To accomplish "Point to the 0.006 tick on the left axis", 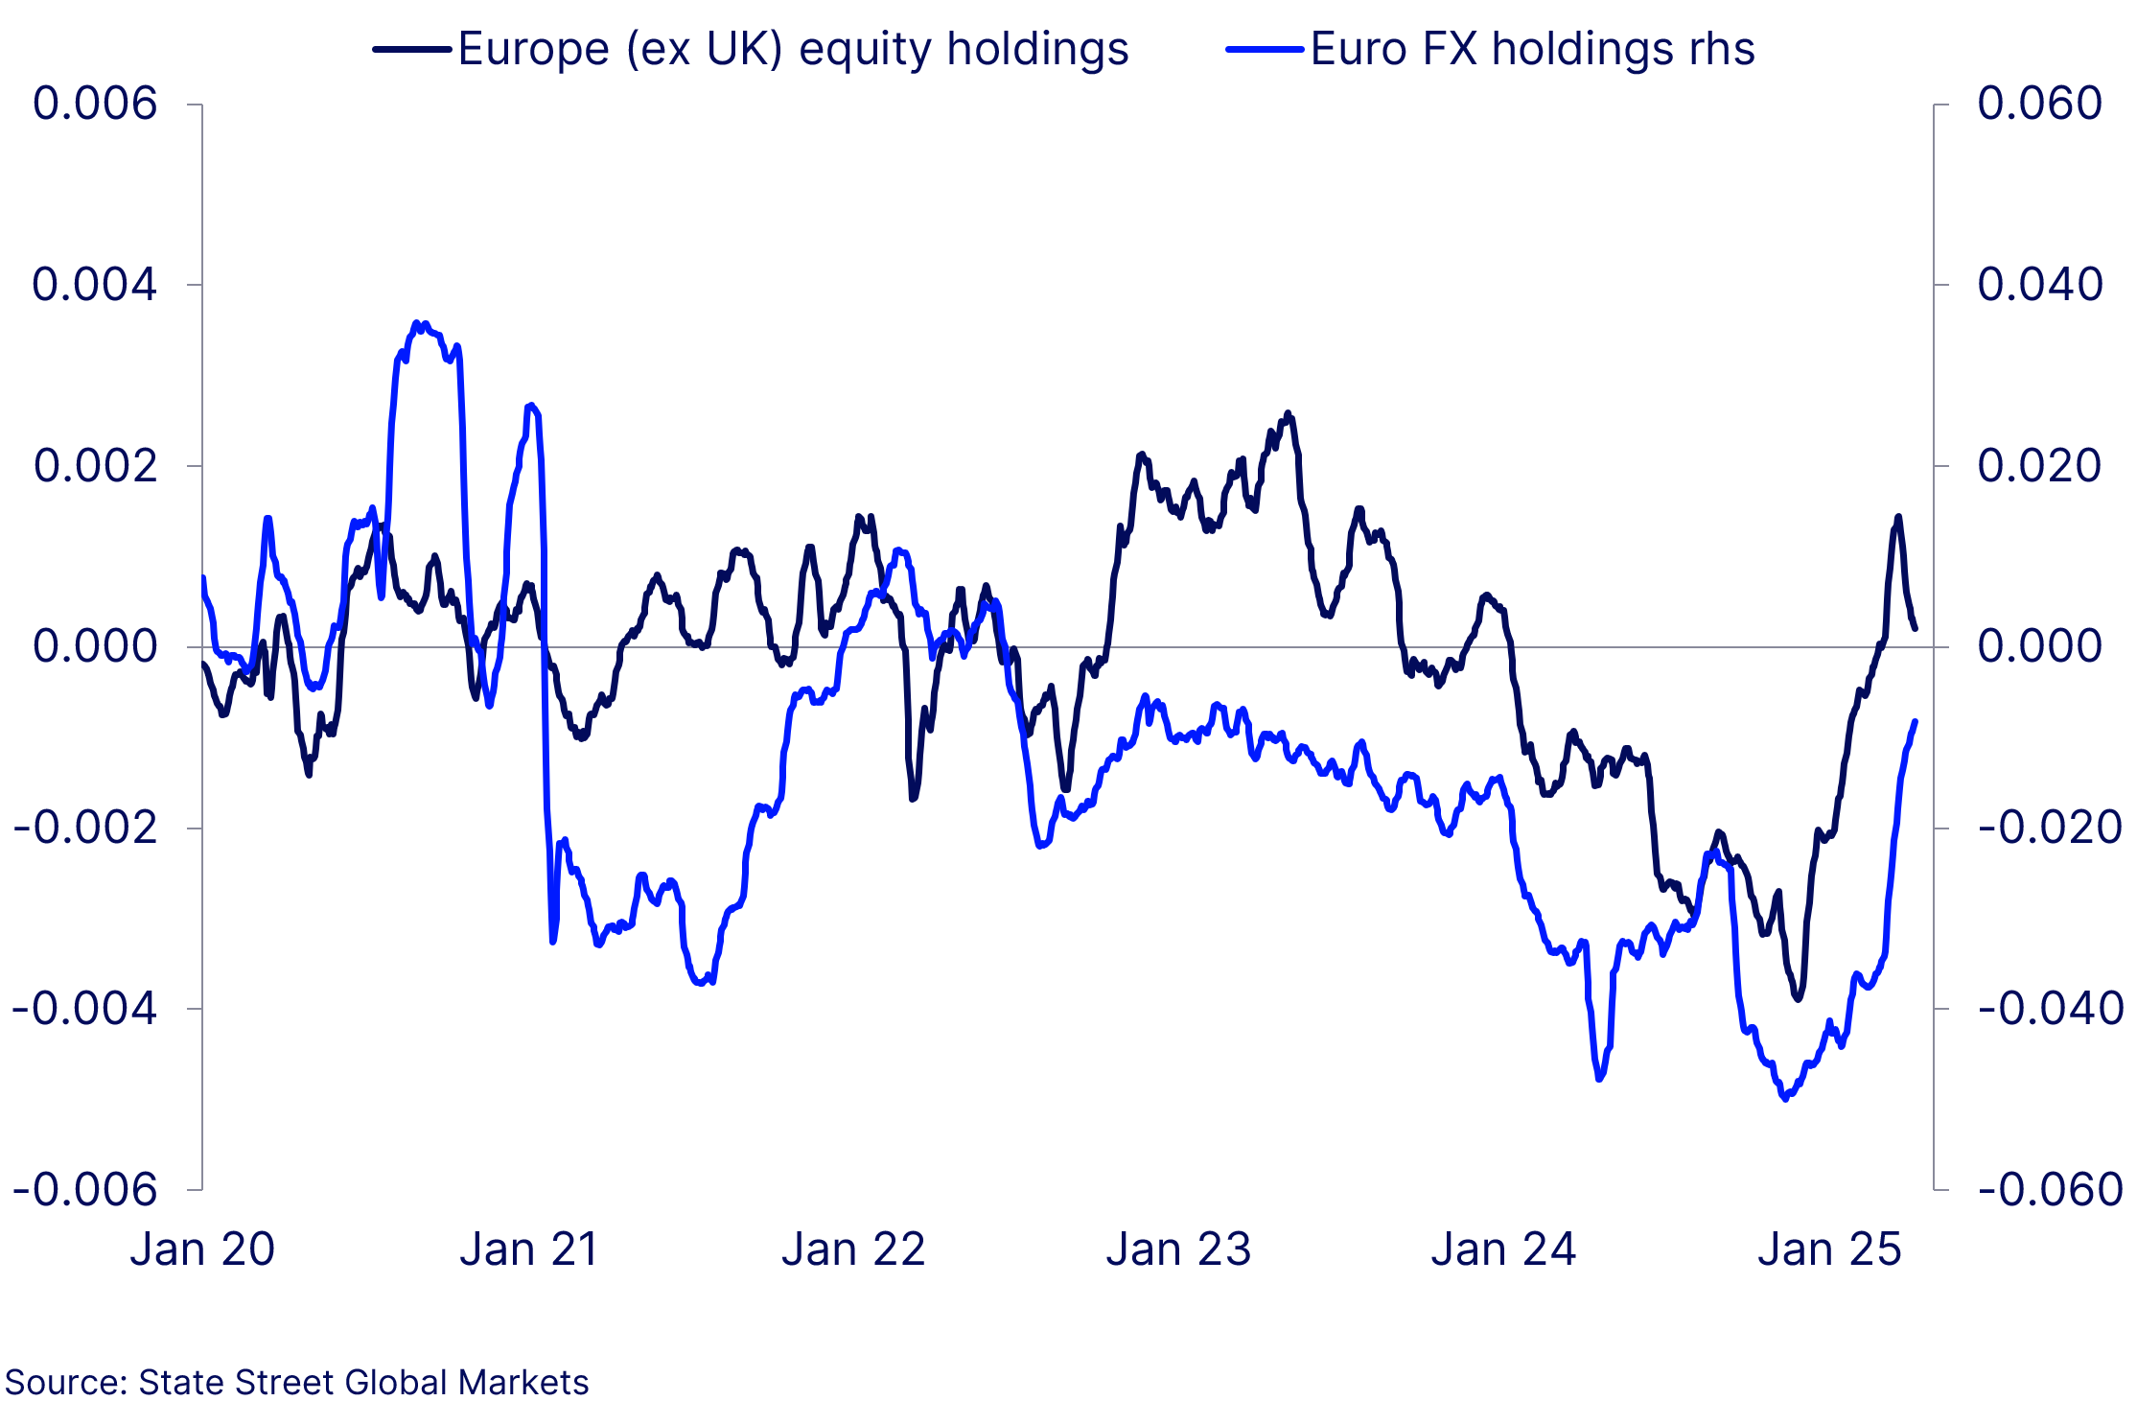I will click(94, 104).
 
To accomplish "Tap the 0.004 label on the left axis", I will click(94, 285).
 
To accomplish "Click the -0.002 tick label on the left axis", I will click(84, 828).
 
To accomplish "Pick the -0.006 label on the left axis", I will click(84, 1190).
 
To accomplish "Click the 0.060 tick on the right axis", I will click(2039, 104).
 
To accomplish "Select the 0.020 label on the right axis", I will click(2039, 466).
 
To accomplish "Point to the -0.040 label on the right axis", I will click(2051, 1009).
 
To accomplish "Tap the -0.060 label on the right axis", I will click(2051, 1190).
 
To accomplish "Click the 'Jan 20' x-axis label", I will click(202, 1249).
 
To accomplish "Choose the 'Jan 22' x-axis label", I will click(853, 1249).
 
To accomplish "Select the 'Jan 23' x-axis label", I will click(1178, 1249).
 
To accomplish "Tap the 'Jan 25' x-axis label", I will click(1829, 1249).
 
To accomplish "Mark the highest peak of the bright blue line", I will click(416, 323).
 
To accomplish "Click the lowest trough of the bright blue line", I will click(1784, 1098).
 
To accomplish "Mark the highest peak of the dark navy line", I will click(1288, 413).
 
